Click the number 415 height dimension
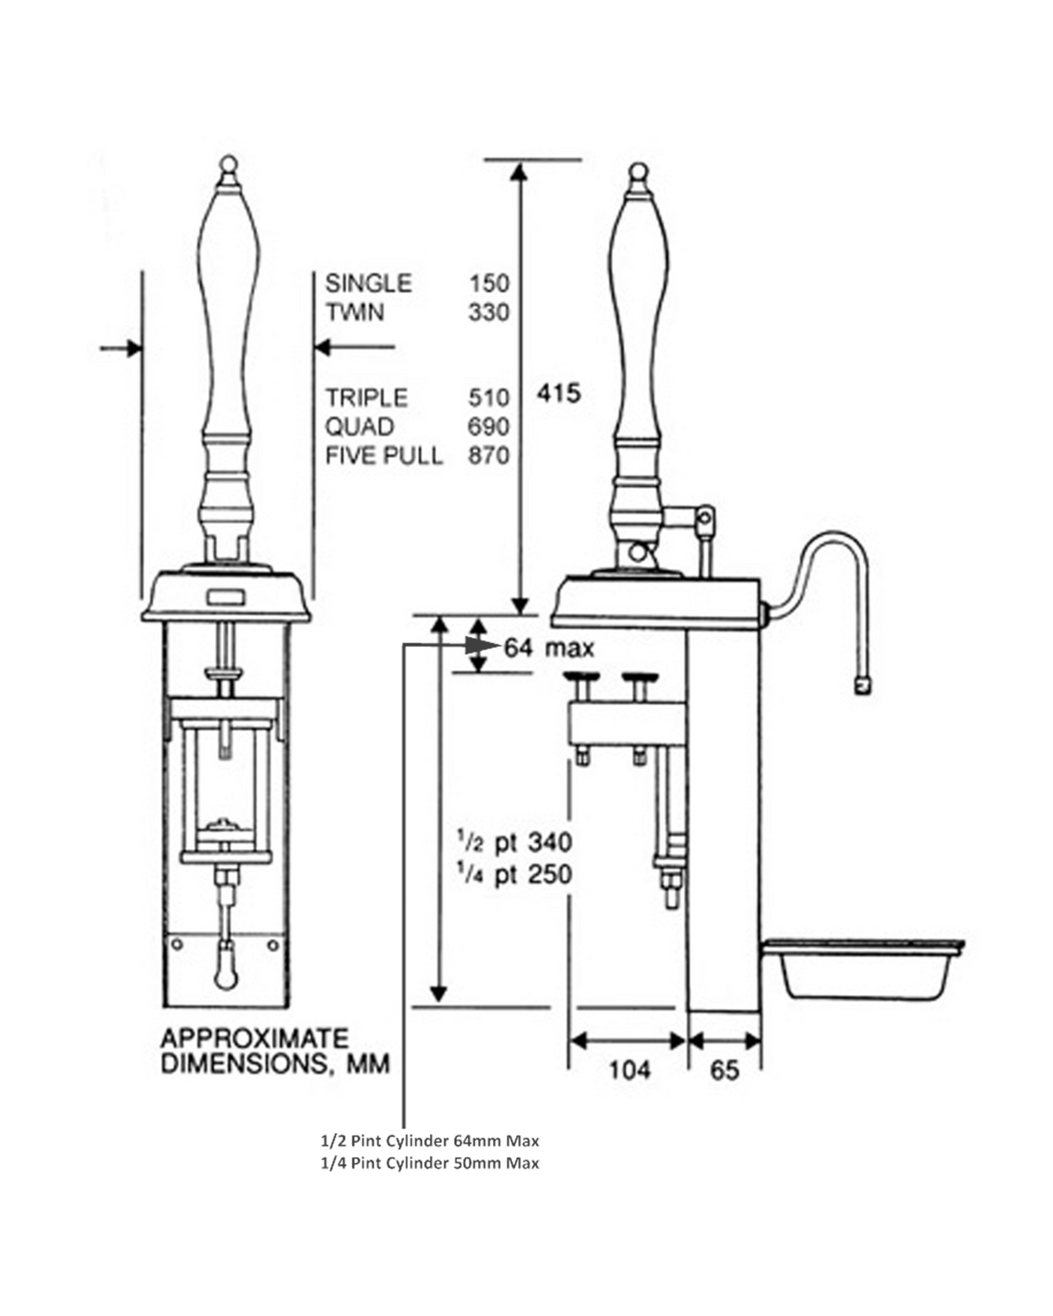pos(559,393)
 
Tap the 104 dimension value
pos(629,1069)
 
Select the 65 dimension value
pos(725,1070)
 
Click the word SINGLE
pos(368,283)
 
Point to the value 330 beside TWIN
pos(488,312)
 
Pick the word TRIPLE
pos(367,398)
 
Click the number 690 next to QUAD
pos(488,427)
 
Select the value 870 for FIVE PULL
pos(488,455)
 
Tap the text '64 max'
pos(548,648)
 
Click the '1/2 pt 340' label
pos(513,842)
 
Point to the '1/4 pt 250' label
pos(513,875)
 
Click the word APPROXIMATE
pos(254,1039)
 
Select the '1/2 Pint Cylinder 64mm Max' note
pos(429,1141)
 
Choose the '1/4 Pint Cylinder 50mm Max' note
pos(429,1163)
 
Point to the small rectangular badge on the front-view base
pos(226,597)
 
